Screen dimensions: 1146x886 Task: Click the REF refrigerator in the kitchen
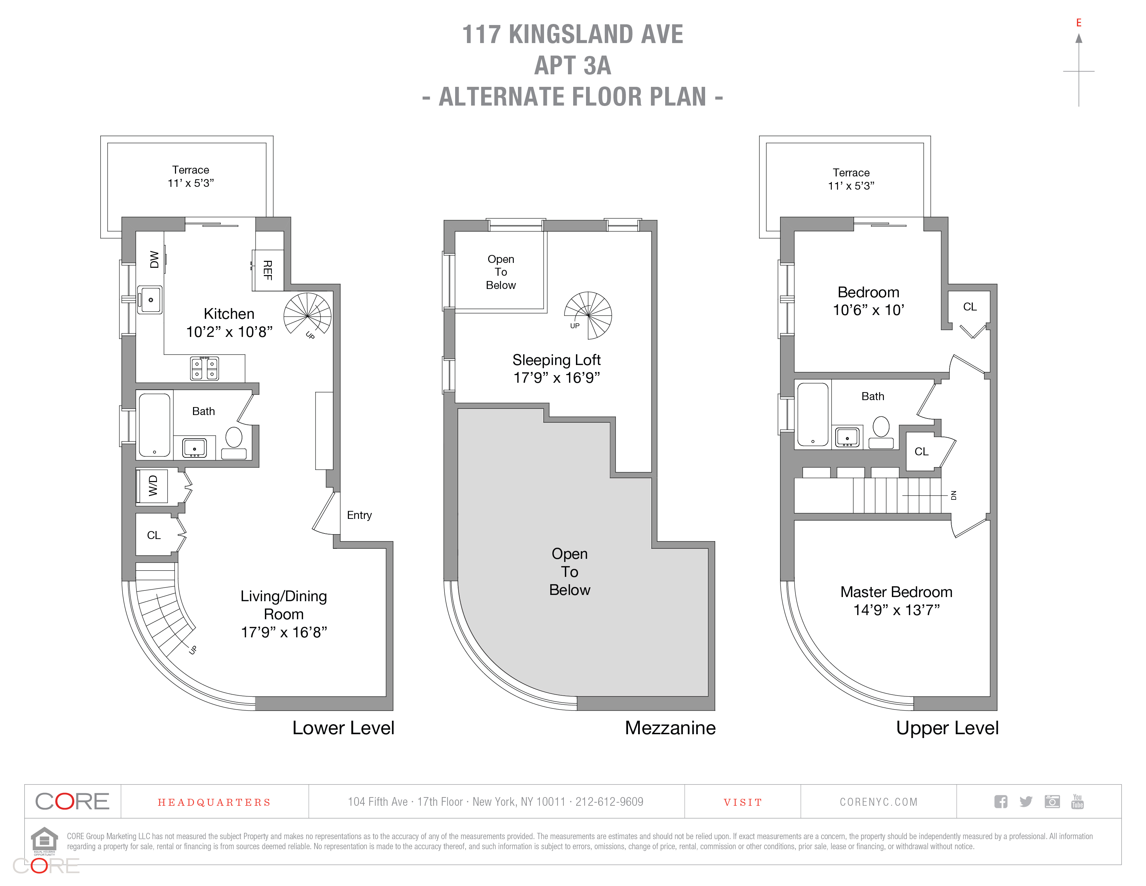pos(268,270)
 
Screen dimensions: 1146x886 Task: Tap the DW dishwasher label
pos(154,259)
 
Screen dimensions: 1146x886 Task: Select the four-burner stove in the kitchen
pos(204,367)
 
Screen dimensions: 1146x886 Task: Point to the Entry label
pos(359,515)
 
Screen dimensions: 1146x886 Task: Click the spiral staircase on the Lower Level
pos(308,315)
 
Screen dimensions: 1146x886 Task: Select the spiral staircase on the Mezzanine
pos(588,315)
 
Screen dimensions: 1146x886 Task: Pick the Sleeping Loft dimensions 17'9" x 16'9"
pos(557,378)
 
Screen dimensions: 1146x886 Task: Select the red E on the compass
pos(1079,23)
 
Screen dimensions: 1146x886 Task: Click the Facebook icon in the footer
pos(1001,802)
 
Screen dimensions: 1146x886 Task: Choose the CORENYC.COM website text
pos(878,802)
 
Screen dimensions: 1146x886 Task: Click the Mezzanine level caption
pos(670,728)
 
